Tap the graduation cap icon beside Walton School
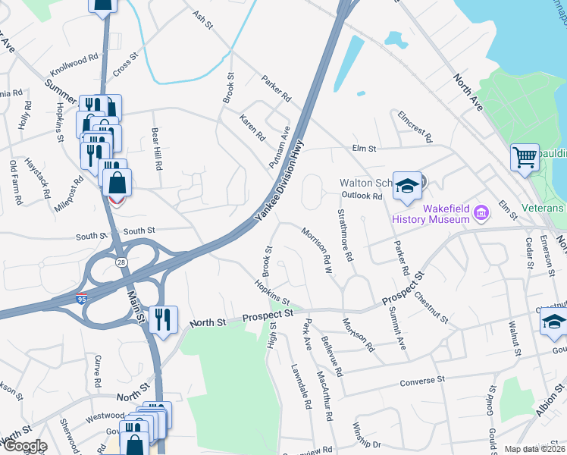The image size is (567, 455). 407,186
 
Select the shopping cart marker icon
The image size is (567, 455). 525,158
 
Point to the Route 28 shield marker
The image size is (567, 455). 121,261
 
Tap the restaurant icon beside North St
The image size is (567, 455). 164,319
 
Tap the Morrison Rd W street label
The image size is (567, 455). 318,246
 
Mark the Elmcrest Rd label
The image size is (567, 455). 415,127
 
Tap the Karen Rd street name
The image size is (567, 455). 252,128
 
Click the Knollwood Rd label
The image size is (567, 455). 74,65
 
